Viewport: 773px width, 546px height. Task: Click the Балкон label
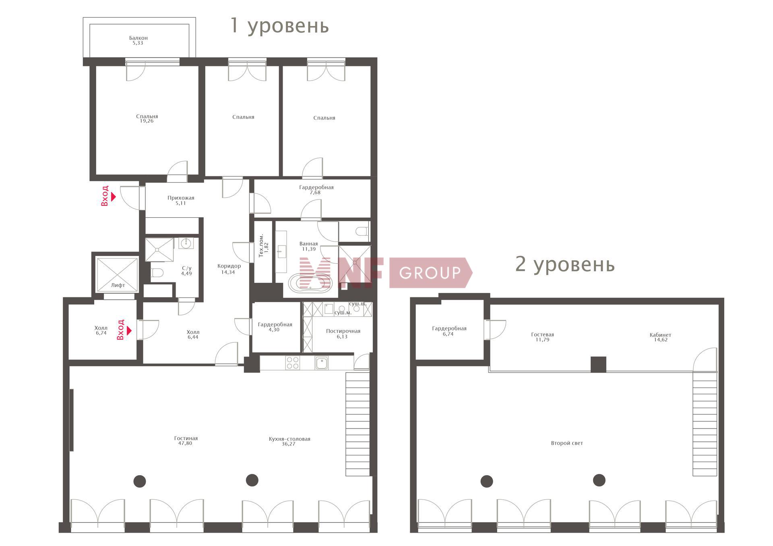click(138, 38)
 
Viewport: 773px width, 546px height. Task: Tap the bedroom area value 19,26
click(147, 121)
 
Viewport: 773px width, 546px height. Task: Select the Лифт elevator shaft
click(118, 275)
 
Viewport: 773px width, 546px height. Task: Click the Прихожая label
click(181, 198)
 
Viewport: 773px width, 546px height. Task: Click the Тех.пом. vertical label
click(261, 245)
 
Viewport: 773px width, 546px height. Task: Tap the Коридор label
click(229, 266)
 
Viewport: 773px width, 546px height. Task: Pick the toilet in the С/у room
click(157, 273)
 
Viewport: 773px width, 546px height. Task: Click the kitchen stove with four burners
click(293, 363)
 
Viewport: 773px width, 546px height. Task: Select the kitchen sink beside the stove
click(321, 363)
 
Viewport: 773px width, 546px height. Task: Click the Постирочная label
click(343, 331)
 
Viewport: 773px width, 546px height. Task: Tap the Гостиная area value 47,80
click(186, 443)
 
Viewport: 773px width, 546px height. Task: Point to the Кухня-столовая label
click(289, 439)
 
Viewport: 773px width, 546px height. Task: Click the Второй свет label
click(567, 443)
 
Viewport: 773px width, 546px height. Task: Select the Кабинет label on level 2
click(660, 335)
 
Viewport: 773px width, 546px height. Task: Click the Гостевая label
click(542, 334)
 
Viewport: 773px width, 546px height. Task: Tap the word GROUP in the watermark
click(430, 273)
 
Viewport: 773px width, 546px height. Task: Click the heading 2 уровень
click(565, 264)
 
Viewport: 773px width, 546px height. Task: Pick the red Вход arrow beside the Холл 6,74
click(129, 330)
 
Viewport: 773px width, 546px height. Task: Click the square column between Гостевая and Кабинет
click(598, 365)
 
